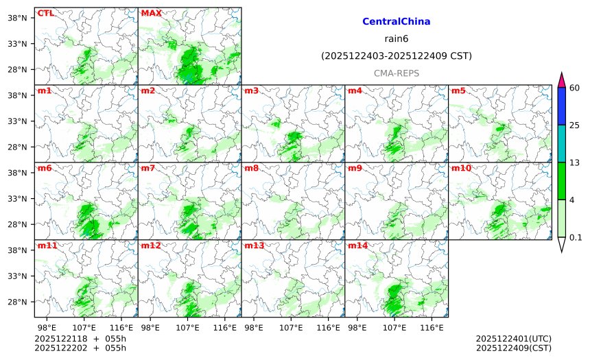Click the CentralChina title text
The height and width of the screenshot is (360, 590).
(396, 22)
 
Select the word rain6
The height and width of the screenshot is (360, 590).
(396, 39)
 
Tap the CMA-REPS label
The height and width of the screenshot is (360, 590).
(396, 73)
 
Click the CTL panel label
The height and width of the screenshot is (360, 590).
(45, 13)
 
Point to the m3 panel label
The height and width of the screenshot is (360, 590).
(252, 91)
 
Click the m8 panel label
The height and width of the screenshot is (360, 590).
(252, 168)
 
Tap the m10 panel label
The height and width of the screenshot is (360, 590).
(461, 168)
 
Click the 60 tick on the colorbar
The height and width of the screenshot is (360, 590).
(575, 87)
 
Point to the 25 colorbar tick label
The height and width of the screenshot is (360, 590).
(575, 125)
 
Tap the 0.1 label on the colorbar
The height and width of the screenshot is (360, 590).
(576, 237)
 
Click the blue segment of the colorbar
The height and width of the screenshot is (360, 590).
(561, 106)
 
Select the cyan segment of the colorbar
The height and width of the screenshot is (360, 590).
(561, 143)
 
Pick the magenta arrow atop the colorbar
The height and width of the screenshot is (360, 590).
(561, 80)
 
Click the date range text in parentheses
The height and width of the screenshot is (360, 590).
(396, 56)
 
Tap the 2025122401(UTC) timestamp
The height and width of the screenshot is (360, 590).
(513, 339)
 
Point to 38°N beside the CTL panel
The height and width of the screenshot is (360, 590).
(22, 17)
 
